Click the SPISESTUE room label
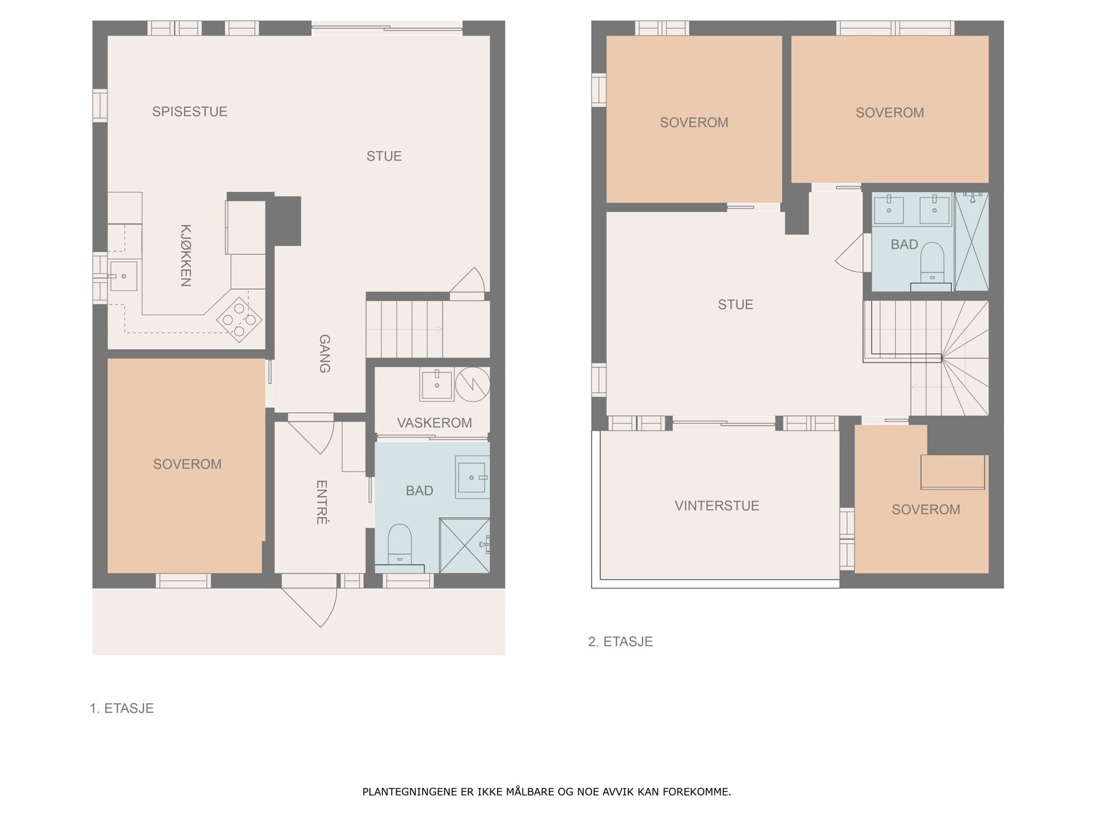[189, 111]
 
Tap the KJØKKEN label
[185, 256]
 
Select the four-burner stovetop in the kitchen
[239, 320]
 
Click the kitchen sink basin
[123, 276]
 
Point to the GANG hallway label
[325, 353]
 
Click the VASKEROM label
[434, 423]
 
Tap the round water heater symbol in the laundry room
[472, 384]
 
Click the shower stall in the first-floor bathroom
[464, 545]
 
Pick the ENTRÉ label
[322, 502]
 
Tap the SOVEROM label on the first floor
[187, 464]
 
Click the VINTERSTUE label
[717, 506]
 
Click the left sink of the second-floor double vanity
[889, 210]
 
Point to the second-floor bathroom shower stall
[972, 241]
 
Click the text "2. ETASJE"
[620, 641]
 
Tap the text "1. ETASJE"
[122, 708]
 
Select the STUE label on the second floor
[735, 305]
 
